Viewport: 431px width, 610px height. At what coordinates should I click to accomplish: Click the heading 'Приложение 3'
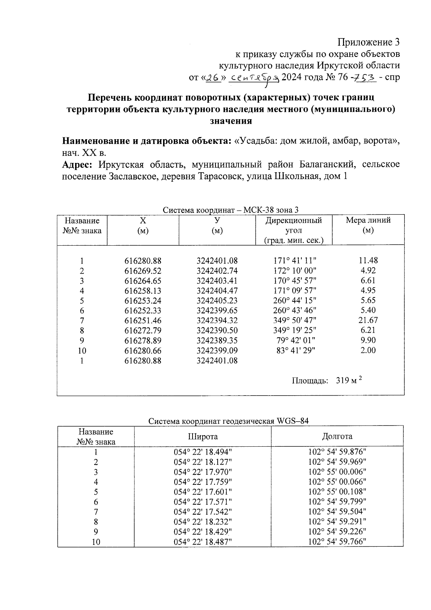point(369,42)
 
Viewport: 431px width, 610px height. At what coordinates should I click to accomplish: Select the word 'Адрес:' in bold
point(78,165)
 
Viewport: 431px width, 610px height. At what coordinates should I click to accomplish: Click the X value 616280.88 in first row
point(143,261)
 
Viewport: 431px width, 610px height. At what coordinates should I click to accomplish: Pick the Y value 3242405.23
point(217,301)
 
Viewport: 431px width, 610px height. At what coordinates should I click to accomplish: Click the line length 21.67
point(368,320)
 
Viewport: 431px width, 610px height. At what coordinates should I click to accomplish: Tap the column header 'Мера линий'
point(368,220)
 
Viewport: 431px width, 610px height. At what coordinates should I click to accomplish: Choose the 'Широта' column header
point(203,437)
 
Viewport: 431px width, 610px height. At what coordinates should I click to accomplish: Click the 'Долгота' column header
point(337,437)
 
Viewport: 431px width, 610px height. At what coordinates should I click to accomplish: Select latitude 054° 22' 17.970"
point(203,472)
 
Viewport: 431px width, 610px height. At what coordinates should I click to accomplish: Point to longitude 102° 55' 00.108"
point(337,492)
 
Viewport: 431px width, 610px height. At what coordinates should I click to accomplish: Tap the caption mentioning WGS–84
point(229,421)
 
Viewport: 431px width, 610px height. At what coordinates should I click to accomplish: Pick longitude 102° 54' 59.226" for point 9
point(337,532)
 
